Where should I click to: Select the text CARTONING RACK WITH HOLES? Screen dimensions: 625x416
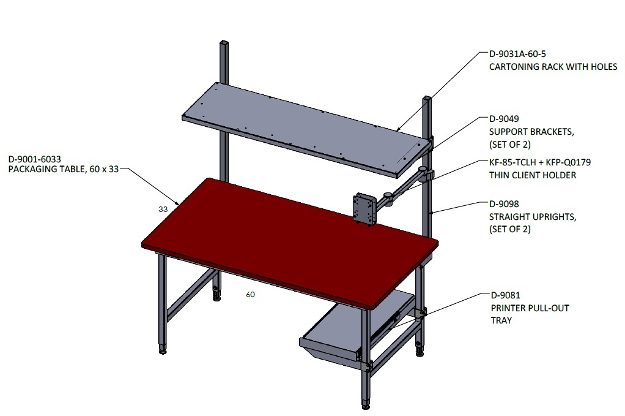[x=553, y=67]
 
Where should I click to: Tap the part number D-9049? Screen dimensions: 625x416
[x=504, y=119]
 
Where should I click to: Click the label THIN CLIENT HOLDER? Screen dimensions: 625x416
[x=533, y=175]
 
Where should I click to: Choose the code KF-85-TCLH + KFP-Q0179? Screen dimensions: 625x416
[x=540, y=162]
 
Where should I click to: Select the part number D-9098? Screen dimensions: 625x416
[x=504, y=204]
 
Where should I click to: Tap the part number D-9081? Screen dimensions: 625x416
[x=505, y=295]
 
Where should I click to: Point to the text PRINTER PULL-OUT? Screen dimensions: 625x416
[x=530, y=308]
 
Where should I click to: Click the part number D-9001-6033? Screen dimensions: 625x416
[x=35, y=159]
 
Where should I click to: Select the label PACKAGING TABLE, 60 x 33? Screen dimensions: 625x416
[x=64, y=169]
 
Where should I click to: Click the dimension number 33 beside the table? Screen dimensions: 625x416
[x=163, y=209]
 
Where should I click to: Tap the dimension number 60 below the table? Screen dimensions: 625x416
[x=250, y=295]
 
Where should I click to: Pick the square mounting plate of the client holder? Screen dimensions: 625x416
[x=364, y=209]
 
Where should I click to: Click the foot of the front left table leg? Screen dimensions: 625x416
[x=163, y=351]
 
